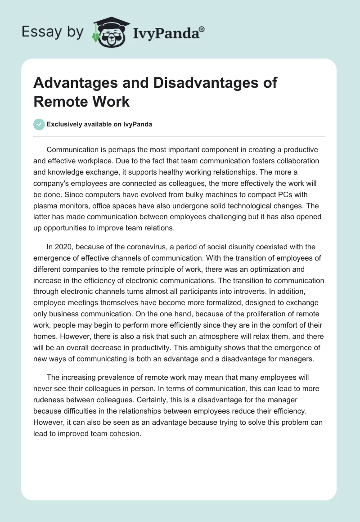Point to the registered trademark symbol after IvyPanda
point(202,29)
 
